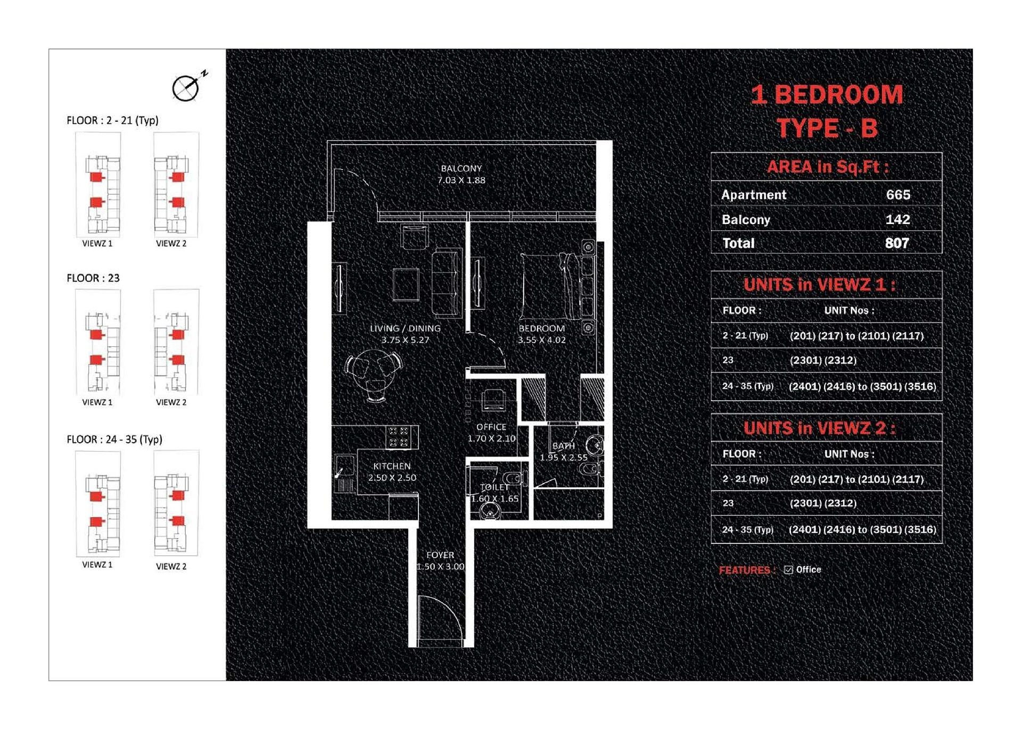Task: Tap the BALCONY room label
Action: click(461, 168)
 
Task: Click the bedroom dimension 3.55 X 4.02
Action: click(542, 340)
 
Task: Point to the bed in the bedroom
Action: click(548, 286)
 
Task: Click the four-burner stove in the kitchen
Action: click(399, 437)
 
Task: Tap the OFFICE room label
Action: click(491, 427)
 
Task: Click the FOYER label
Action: click(440, 555)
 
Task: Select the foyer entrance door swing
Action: click(440, 620)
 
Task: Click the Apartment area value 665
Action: click(898, 195)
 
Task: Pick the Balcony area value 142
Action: click(898, 219)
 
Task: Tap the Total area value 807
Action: click(897, 243)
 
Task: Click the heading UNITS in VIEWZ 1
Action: click(820, 285)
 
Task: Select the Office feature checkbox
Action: click(788, 570)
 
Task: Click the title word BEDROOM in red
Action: click(839, 95)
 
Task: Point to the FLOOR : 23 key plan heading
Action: click(93, 278)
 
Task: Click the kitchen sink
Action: click(344, 466)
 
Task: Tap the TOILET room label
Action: click(494, 487)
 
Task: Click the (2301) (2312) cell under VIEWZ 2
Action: click(823, 503)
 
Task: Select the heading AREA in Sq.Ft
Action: click(828, 167)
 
